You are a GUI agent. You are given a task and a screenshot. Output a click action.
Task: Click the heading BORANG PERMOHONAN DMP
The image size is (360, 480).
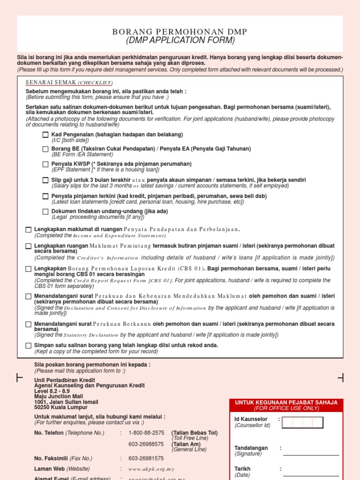tap(180, 31)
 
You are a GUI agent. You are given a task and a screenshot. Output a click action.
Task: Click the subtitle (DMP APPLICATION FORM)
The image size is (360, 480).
tap(180, 40)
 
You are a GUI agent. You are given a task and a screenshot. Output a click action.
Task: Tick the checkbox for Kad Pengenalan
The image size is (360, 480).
tap(45, 135)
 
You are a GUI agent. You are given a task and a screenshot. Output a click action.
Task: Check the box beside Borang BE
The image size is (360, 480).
tap(45, 149)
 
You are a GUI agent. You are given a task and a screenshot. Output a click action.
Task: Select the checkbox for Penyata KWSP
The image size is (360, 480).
tap(45, 165)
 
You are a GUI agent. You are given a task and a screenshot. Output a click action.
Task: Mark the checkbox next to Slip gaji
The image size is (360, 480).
tap(45, 180)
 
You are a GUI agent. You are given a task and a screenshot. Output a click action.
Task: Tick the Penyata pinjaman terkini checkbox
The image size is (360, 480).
tap(45, 196)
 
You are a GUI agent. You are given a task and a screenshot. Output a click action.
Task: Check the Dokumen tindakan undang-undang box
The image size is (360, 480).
tap(45, 211)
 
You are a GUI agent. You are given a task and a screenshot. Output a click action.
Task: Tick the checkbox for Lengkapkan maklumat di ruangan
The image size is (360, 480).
tap(29, 230)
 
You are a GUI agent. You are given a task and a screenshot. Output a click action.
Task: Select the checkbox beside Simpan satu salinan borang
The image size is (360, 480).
tap(29, 345)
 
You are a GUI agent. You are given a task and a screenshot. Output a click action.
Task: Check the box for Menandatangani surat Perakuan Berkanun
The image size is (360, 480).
tap(29, 324)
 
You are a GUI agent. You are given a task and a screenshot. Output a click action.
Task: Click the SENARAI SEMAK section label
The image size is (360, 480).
tap(52, 82)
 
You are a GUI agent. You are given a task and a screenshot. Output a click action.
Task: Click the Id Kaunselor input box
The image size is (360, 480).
tap(303, 422)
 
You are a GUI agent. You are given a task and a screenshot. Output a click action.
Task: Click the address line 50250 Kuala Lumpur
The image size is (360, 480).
tap(60, 408)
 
